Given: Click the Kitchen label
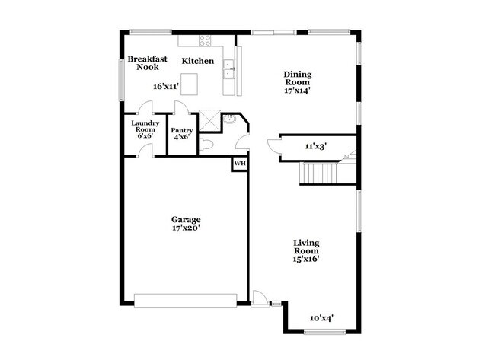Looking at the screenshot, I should (x=197, y=61).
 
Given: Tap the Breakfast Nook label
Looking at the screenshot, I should (x=147, y=63).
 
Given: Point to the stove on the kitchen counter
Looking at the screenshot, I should (x=205, y=41).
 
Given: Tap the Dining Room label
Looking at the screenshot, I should (x=298, y=78).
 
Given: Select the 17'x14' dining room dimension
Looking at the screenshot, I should (x=298, y=91).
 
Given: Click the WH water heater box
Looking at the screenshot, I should (x=239, y=164).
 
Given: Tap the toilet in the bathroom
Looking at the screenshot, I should (x=206, y=144).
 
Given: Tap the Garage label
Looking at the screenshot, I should (x=186, y=220).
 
